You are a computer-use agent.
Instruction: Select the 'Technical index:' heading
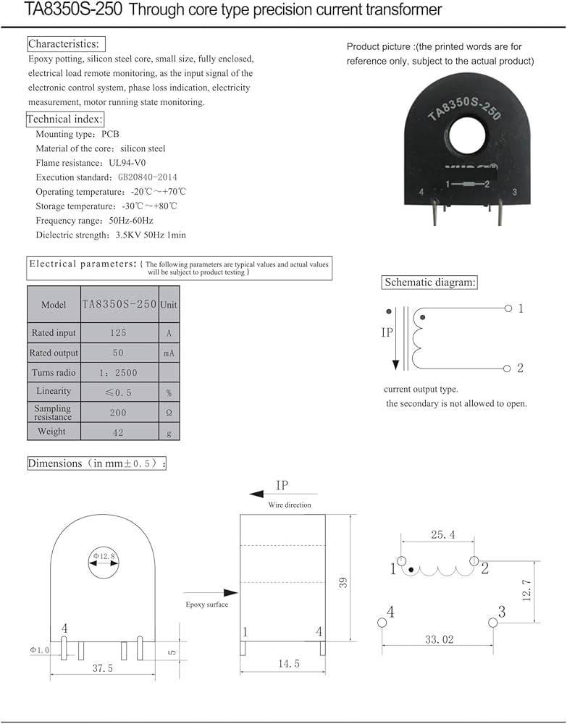65,119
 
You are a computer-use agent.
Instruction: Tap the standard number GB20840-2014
143,177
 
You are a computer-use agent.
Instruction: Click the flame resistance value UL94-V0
133,163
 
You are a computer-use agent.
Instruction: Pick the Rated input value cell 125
119,333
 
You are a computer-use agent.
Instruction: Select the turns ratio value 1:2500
119,373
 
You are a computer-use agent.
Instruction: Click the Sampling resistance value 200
119,413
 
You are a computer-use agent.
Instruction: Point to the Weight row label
52,432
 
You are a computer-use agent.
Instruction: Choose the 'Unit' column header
168,305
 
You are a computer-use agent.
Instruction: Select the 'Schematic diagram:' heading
429,282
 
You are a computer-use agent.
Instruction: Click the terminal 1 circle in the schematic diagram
508,308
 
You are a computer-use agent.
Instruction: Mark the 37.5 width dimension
101,669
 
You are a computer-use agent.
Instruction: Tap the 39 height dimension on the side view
343,581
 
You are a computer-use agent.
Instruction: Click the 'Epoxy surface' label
206,605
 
